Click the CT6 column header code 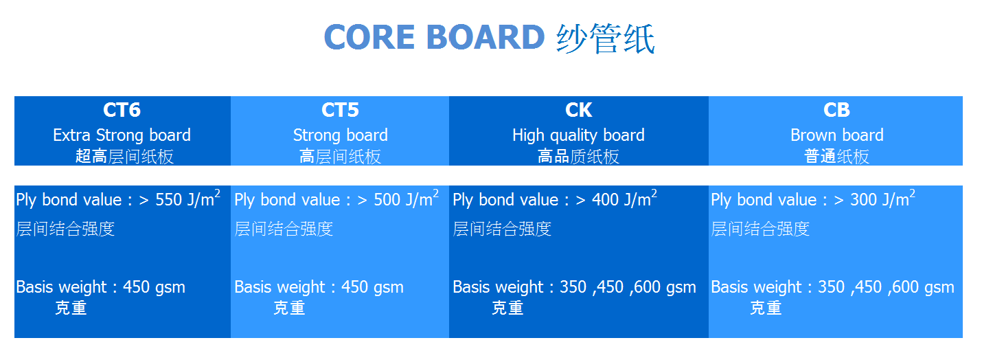pos(122,110)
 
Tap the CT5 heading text pos(340,110)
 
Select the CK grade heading pos(579,110)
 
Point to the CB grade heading pos(836,110)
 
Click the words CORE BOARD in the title pos(435,37)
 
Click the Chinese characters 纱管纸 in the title pos(606,38)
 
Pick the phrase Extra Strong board pos(122,135)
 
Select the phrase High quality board pos(579,135)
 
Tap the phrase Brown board pos(837,135)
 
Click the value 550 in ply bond pos(169,200)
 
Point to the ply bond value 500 pos(387,200)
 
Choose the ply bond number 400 pos(606,200)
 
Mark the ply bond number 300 pos(864,200)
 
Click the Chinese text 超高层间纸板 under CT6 pos(124,157)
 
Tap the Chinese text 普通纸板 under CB pos(837,157)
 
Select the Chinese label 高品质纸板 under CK pos(579,157)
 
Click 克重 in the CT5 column pos(289,308)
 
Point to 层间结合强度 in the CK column pos(502,229)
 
